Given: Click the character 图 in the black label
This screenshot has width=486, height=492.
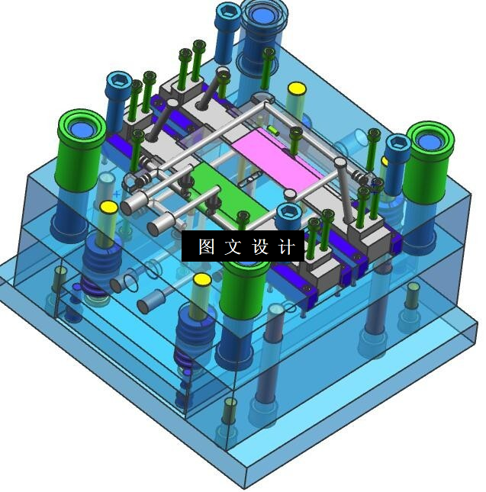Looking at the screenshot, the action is pyautogui.click(x=207, y=246).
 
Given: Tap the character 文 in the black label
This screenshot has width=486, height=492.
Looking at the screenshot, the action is pyautogui.click(x=233, y=246).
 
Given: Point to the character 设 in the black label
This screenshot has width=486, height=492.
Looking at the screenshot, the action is pyautogui.click(x=260, y=246).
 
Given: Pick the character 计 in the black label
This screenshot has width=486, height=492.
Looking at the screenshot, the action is pyautogui.click(x=287, y=246).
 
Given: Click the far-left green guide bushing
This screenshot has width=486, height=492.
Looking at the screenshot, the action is pyautogui.click(x=81, y=150).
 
